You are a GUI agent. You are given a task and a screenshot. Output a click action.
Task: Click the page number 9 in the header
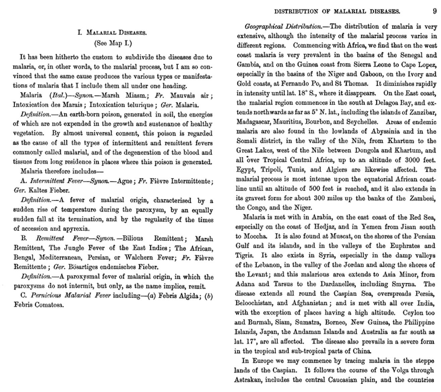click(435, 11)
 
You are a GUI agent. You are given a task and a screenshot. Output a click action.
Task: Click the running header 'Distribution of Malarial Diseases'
click(337, 11)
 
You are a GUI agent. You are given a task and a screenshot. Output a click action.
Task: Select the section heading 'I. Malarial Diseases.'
click(112, 33)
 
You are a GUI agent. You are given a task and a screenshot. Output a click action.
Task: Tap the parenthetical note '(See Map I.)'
click(113, 43)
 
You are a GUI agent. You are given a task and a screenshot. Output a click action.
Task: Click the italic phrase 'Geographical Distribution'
click(283, 26)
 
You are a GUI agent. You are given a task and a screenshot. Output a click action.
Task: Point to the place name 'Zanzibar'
click(422, 112)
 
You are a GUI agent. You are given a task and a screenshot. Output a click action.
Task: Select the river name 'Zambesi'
click(423, 198)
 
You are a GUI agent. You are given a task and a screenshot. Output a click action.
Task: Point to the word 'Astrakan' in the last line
click(249, 380)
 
